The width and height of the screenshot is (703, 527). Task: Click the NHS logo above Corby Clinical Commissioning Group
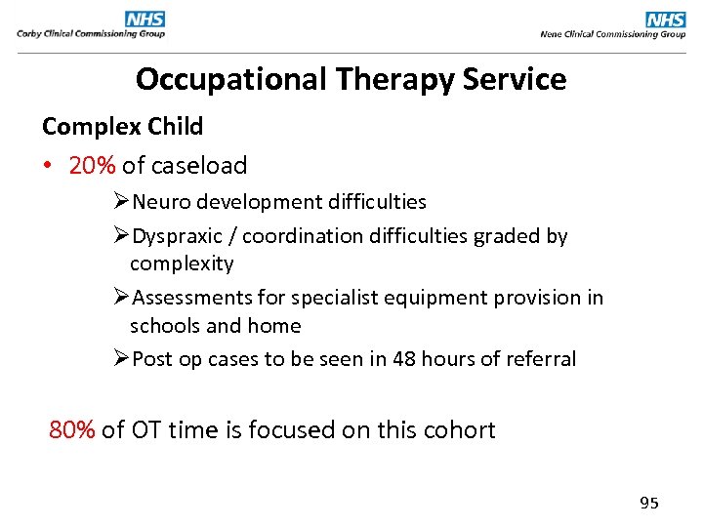pos(145,19)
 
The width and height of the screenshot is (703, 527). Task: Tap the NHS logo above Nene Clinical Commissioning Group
pos(666,19)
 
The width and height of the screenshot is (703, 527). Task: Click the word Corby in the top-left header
pos(29,34)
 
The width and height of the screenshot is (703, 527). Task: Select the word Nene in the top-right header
pos(552,34)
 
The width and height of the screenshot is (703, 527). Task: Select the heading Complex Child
pos(122,126)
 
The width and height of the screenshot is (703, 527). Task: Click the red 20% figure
pos(93,165)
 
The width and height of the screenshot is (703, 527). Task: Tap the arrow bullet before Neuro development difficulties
pos(121,202)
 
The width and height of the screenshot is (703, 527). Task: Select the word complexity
pos(182,263)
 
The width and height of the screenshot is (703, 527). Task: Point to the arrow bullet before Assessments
pos(121,298)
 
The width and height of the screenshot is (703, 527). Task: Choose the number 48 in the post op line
pos(403,359)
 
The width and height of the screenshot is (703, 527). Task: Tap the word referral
pos(541,359)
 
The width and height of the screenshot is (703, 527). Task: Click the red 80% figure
pos(72,429)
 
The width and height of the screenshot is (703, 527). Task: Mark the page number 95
pos(649,503)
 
